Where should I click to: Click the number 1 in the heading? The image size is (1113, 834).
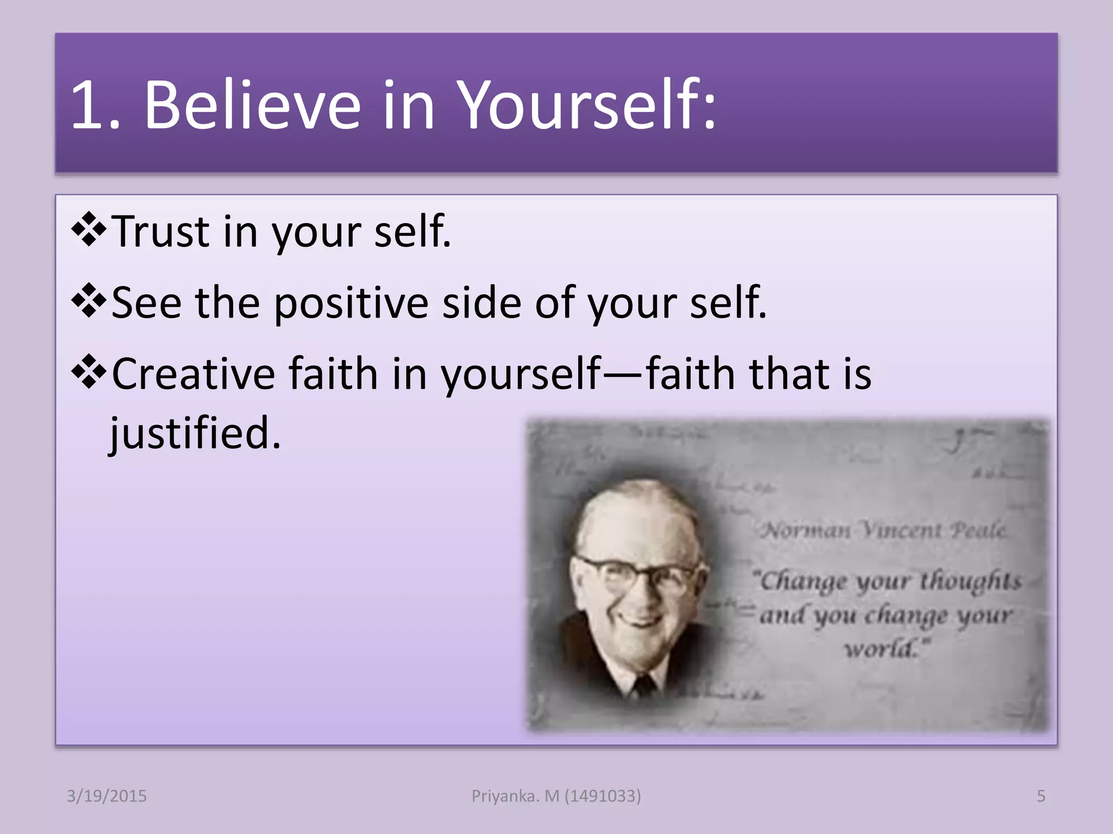click(x=87, y=105)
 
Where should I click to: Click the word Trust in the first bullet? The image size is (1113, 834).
click(x=160, y=231)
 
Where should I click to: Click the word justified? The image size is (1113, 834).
click(x=195, y=433)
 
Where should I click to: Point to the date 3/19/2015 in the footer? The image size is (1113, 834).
click(x=107, y=796)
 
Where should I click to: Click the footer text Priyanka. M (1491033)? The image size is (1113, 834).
click(x=556, y=796)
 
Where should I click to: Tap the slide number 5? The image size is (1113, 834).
click(x=1041, y=796)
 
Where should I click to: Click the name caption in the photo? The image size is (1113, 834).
click(x=883, y=529)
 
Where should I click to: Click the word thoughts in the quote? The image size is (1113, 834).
click(x=970, y=581)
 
